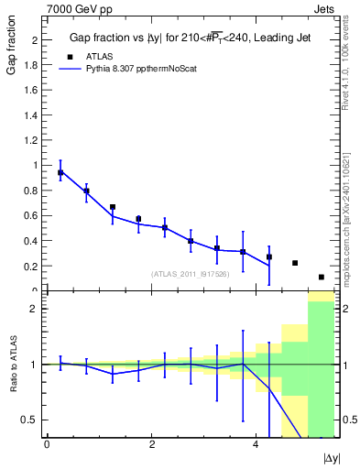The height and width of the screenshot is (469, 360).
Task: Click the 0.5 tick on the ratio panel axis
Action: tap(29, 420)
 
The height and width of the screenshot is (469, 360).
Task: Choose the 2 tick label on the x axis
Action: tap(151, 445)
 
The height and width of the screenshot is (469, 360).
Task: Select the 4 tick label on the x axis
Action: tap(256, 445)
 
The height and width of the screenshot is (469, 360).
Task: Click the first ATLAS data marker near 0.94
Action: tap(60, 173)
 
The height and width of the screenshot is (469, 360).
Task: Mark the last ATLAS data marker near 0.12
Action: tap(322, 277)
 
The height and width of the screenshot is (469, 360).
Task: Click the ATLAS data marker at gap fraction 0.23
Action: tap(295, 263)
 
